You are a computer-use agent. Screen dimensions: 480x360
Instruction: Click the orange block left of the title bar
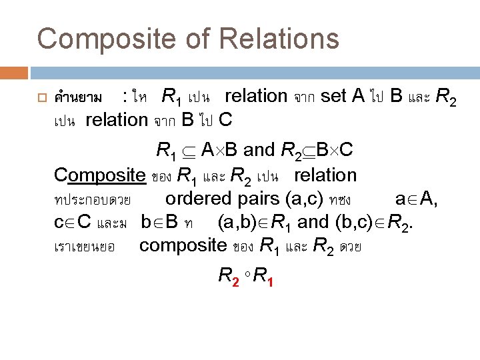[14, 72]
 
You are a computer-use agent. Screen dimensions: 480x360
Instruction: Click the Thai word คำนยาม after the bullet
[79, 98]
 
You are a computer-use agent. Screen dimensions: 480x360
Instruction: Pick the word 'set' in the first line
[333, 97]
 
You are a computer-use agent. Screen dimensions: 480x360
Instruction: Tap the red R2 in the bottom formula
[229, 275]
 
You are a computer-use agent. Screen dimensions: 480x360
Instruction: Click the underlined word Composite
[100, 176]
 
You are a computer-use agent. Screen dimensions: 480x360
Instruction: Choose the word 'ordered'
[197, 199]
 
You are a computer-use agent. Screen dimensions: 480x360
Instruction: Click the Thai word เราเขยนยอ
[84, 247]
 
